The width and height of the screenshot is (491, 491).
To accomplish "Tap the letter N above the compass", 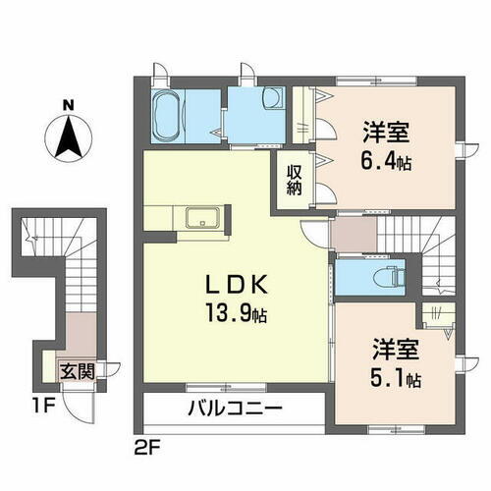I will pos(67,103).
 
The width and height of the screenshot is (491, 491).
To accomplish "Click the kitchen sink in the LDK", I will pos(203,217).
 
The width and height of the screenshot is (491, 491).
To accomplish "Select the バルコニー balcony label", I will pos(233,408).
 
